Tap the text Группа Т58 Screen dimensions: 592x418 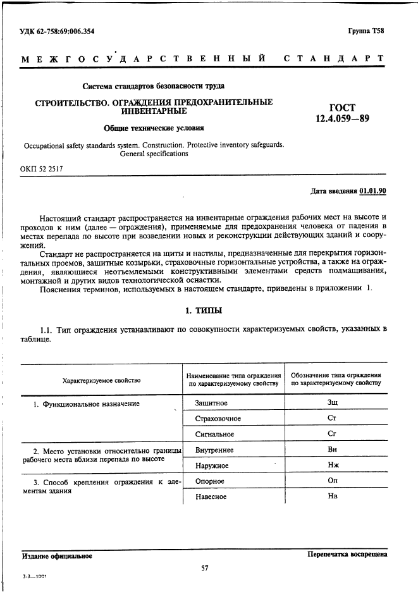tap(366, 30)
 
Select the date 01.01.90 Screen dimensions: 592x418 tap(373, 190)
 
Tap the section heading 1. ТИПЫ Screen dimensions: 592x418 tap(203, 311)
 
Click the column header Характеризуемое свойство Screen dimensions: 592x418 tap(101, 380)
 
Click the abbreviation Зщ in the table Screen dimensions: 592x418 tap(333, 402)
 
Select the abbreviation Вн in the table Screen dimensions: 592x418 tap(333, 450)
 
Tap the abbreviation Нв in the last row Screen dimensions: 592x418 tap(333, 496)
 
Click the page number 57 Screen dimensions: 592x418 tap(205, 568)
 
